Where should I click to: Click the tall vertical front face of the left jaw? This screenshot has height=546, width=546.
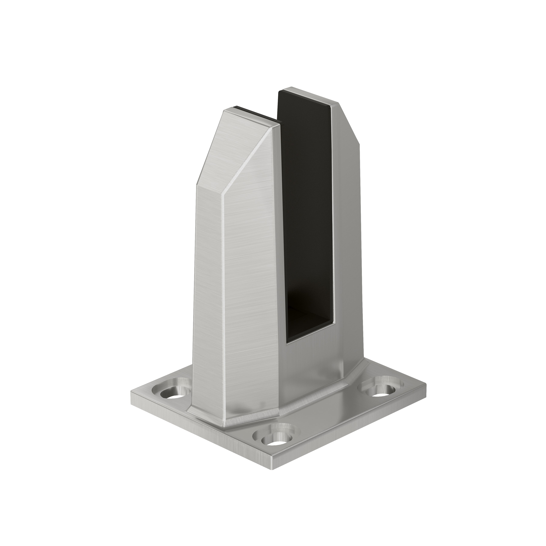click(x=251, y=283)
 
